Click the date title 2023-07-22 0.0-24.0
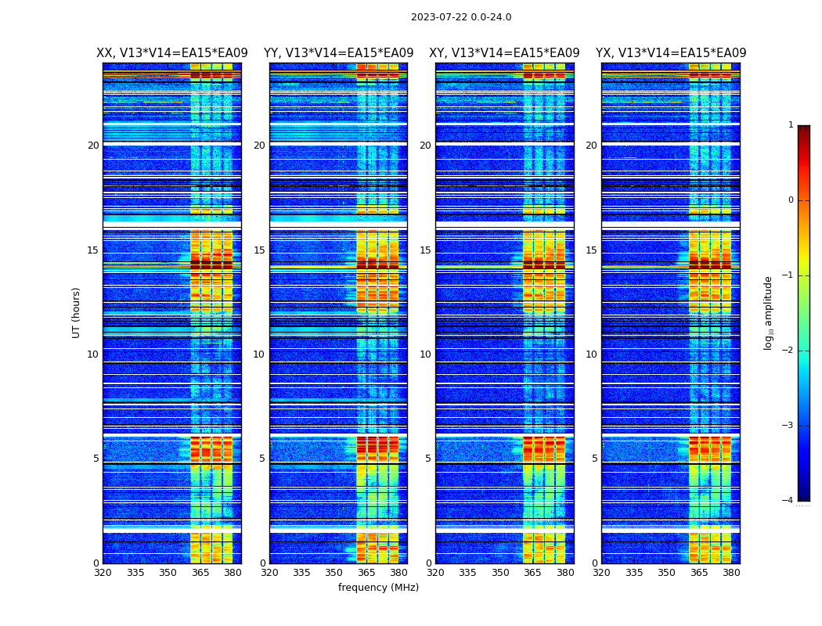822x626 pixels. (x=461, y=17)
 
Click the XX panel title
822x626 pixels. (x=172, y=53)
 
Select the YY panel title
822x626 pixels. (x=338, y=53)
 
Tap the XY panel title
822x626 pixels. (x=504, y=53)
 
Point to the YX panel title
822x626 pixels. (x=671, y=53)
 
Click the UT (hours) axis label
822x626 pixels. (x=77, y=312)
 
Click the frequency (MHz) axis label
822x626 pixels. (x=378, y=588)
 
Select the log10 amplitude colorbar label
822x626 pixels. (x=769, y=312)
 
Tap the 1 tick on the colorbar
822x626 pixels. (x=791, y=125)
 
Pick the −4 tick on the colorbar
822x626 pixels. (x=788, y=501)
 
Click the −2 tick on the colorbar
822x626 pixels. (x=788, y=351)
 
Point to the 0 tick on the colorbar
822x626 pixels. (x=791, y=200)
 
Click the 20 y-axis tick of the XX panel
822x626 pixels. (x=93, y=146)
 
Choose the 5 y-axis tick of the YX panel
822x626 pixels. (x=594, y=459)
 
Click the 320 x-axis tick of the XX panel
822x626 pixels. (x=103, y=573)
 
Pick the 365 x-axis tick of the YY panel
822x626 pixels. (x=366, y=573)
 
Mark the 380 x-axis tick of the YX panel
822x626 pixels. (x=731, y=573)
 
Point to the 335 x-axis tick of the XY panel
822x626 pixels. (x=467, y=573)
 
